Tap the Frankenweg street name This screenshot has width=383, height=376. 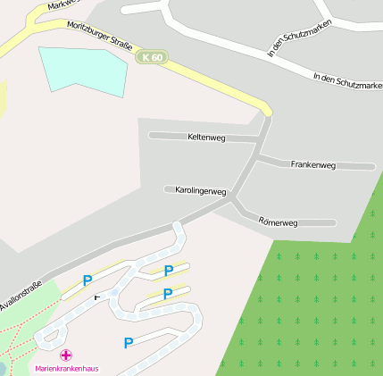tap(312, 165)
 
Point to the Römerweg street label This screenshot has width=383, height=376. tap(277, 221)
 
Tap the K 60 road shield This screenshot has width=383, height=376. tap(152, 58)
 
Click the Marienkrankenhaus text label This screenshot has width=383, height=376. tap(67, 368)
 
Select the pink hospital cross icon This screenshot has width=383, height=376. tap(67, 355)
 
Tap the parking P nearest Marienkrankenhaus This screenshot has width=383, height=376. tap(129, 342)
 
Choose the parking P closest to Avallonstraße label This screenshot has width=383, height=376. tap(87, 280)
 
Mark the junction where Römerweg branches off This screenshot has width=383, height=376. tap(234, 202)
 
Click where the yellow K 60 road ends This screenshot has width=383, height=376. tap(267, 112)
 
